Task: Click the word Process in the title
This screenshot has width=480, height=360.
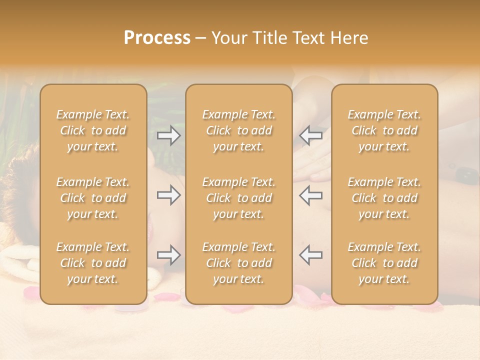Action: pyautogui.click(x=157, y=38)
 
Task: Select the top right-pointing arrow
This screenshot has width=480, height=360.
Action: pyautogui.click(x=168, y=135)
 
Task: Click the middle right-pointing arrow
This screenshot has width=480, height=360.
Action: pyautogui.click(x=168, y=195)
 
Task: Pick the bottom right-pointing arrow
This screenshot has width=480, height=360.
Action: pyautogui.click(x=168, y=255)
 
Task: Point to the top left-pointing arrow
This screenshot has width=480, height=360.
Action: pyautogui.click(x=311, y=135)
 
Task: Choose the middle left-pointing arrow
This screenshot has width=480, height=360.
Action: pyautogui.click(x=311, y=195)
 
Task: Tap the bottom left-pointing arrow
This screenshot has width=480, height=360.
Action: pyautogui.click(x=311, y=255)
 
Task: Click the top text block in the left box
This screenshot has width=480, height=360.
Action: pyautogui.click(x=93, y=130)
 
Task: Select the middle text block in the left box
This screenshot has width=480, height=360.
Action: pyautogui.click(x=93, y=198)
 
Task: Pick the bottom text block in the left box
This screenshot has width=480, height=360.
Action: pyautogui.click(x=93, y=263)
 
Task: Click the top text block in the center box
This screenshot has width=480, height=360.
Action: pyautogui.click(x=239, y=130)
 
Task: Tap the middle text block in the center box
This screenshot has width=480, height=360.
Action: pyautogui.click(x=239, y=198)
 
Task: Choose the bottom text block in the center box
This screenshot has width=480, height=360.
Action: pyautogui.click(x=239, y=263)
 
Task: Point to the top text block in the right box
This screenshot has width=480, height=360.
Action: pyautogui.click(x=384, y=130)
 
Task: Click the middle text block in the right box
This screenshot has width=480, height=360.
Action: pyautogui.click(x=384, y=198)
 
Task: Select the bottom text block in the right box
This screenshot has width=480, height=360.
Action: pyautogui.click(x=384, y=263)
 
